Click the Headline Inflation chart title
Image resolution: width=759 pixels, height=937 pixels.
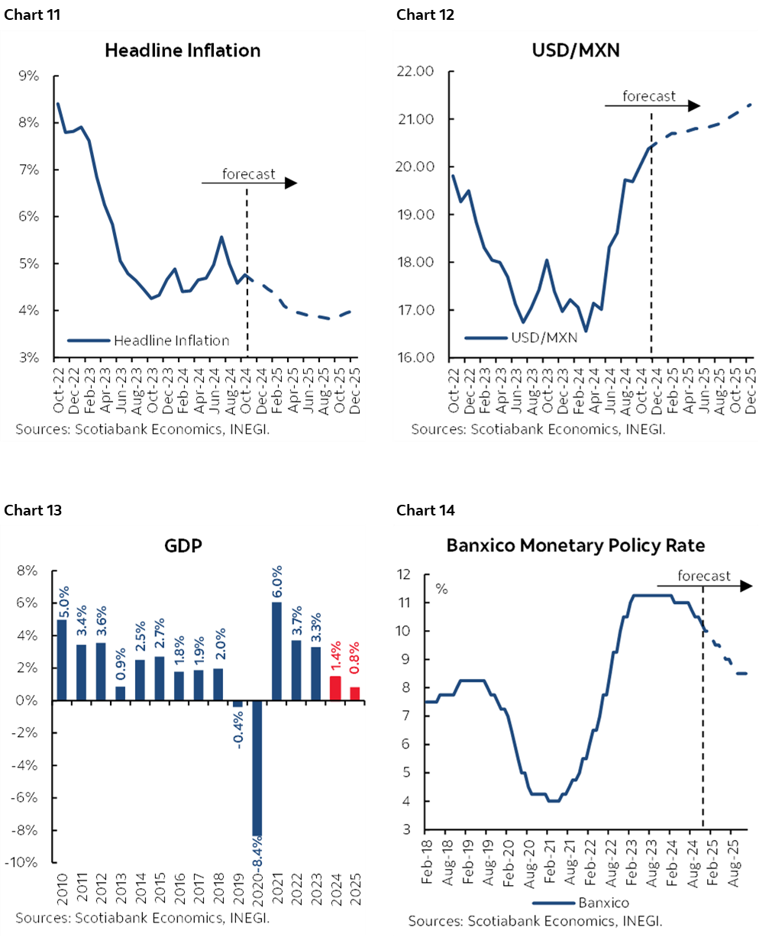point(182,51)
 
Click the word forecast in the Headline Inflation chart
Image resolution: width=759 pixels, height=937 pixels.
point(248,174)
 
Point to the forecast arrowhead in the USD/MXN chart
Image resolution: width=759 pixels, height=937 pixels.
point(693,105)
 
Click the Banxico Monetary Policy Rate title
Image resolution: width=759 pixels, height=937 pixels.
point(575,545)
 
